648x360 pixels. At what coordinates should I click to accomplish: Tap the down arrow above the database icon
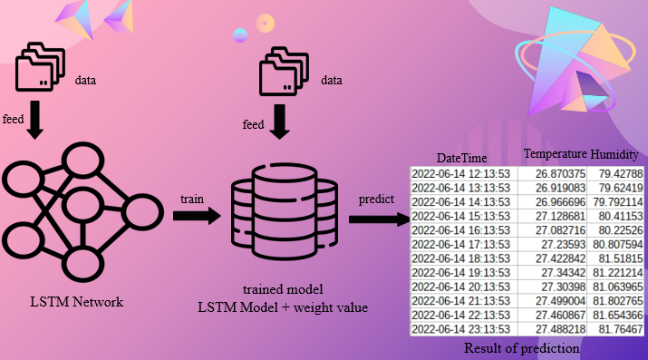click(x=280, y=124)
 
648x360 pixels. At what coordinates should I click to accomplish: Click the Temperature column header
click(x=556, y=154)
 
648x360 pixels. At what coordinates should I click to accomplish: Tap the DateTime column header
click(x=462, y=158)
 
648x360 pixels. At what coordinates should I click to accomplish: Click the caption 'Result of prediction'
click(x=522, y=347)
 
